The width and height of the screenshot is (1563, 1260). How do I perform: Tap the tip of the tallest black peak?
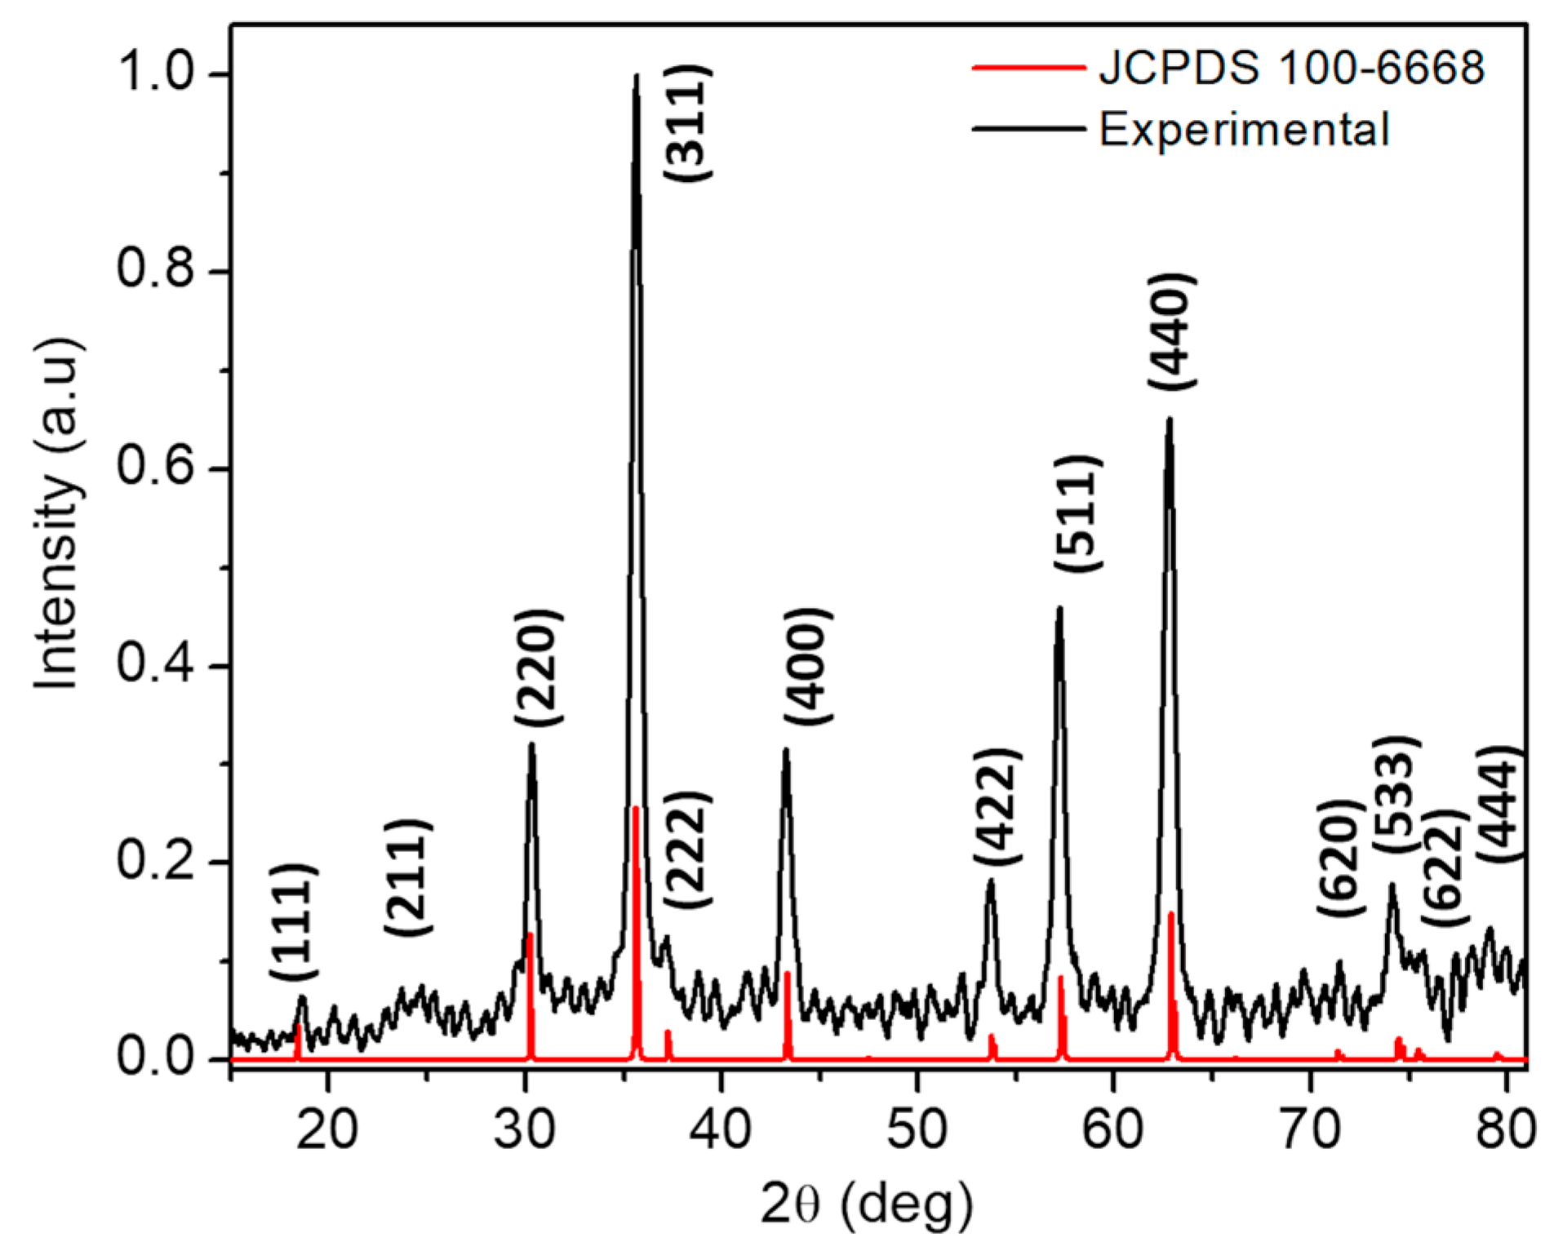point(636,75)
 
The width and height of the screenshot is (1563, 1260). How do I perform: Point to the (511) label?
point(1077,514)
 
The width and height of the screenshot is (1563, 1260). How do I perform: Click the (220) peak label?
point(539,667)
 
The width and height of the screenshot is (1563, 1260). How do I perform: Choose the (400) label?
point(808,666)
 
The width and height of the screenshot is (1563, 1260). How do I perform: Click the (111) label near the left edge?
point(293,922)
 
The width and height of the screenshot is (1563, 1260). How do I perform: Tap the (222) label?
point(687,850)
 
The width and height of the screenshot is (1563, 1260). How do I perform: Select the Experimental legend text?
point(1244,130)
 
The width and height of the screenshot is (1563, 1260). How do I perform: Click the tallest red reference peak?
point(635,808)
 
